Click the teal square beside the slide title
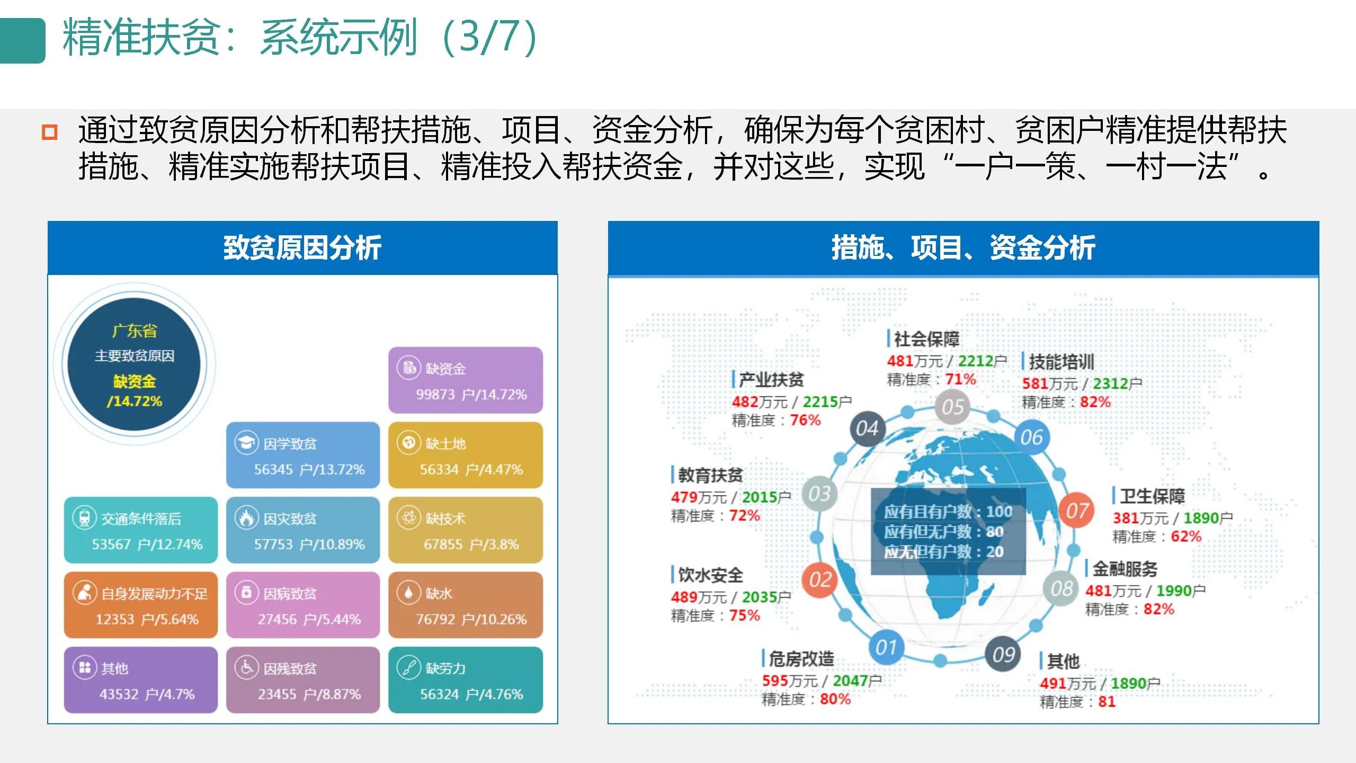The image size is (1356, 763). coord(22,41)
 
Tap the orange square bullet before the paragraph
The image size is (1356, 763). coord(49,132)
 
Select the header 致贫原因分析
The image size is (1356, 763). coord(302,247)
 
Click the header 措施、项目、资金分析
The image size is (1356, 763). coord(962,247)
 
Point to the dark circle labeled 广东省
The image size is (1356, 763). coord(134,364)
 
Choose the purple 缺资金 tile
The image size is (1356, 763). coord(465,380)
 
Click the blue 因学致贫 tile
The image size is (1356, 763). coord(302,455)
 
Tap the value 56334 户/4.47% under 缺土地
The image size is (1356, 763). coord(471,469)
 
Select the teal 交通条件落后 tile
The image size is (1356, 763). coord(140,529)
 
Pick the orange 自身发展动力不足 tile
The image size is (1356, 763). coord(140,605)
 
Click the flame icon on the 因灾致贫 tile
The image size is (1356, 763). coord(246,518)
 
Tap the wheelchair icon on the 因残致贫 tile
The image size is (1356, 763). coord(246,668)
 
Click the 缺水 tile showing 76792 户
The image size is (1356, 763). coord(465,605)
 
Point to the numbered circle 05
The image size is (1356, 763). coord(952,407)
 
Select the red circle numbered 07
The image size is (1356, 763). coord(1076,511)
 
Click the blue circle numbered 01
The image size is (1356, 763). coord(885,647)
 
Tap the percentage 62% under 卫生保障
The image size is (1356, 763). coord(1185,536)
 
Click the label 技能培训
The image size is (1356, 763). coord(1060,362)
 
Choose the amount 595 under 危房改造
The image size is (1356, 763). coord(775,680)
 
